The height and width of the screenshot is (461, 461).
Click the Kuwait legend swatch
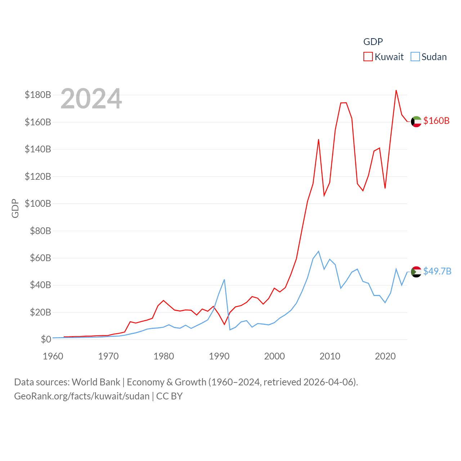(x=368, y=57)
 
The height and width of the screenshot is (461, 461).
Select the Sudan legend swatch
(x=415, y=57)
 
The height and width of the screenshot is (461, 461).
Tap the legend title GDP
(x=373, y=42)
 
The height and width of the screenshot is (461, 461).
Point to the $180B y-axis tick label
(x=38, y=95)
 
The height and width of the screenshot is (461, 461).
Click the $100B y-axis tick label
(x=38, y=203)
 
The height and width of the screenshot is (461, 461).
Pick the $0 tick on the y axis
(x=46, y=339)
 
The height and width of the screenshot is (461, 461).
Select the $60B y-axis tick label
(x=40, y=258)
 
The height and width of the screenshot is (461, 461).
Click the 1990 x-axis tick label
(x=219, y=356)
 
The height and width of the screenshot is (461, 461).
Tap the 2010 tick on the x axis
(x=330, y=356)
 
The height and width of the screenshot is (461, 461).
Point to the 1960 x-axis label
(x=53, y=356)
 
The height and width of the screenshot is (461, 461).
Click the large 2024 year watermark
(x=91, y=99)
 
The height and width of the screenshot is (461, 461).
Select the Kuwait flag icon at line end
(x=416, y=122)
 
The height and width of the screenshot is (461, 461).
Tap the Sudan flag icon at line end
(x=416, y=272)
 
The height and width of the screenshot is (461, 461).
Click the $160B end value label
(x=436, y=121)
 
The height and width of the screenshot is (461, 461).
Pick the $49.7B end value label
(x=437, y=271)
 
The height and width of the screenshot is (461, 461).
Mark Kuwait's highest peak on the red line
(x=396, y=90)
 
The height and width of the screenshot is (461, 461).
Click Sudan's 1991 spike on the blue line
(x=224, y=279)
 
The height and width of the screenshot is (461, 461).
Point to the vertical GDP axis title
(x=15, y=208)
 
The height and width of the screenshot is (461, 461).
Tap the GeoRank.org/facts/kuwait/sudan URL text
(x=82, y=396)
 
